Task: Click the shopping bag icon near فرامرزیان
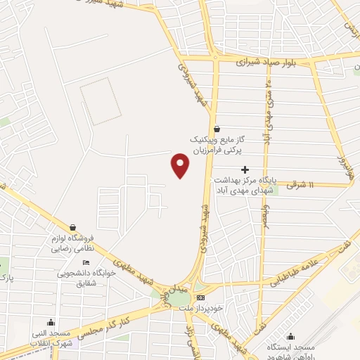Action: click(x=217, y=129)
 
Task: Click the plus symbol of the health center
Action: click(x=245, y=169)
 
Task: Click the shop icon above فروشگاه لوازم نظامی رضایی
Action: click(x=73, y=227)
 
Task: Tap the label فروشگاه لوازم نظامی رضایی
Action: click(x=72, y=245)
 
